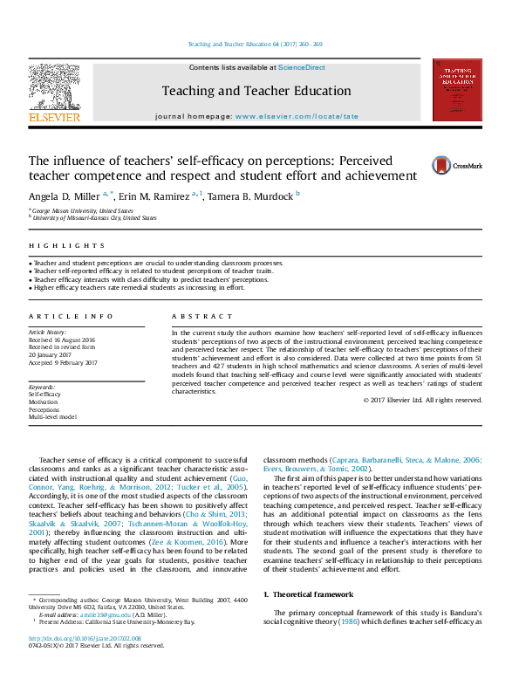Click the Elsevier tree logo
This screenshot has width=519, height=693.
(54, 86)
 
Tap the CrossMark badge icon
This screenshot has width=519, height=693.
(449, 165)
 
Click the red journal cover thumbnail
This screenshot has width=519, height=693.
(457, 90)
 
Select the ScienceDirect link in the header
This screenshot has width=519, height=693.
(302, 67)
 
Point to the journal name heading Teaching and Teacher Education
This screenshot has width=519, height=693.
(256, 91)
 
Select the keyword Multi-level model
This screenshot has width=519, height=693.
(52, 416)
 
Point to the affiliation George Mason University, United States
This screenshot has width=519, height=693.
(83, 211)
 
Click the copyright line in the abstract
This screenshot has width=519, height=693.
(422, 400)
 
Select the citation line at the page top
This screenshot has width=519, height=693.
(256, 44)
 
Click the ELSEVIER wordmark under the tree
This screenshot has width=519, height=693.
(54, 117)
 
